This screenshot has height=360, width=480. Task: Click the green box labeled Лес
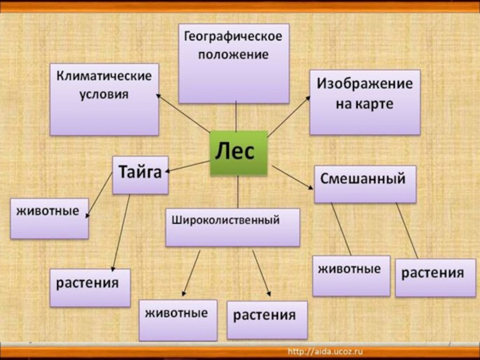point(238,152)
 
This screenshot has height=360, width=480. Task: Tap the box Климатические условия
point(104,99)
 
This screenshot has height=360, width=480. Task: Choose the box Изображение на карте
point(365,102)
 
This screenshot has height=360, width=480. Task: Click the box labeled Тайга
point(140,175)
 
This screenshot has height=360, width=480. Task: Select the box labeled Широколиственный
point(232,227)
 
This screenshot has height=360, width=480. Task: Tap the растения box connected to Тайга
point(90,287)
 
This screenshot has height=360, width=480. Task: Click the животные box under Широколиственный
point(178,320)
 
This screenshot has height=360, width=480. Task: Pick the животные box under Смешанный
point(351,275)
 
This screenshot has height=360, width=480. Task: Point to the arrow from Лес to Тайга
point(187,166)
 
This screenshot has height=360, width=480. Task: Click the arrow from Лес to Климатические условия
point(183,114)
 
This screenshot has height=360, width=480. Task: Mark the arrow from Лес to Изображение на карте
point(288,118)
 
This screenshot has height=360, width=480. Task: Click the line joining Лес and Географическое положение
point(236,116)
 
